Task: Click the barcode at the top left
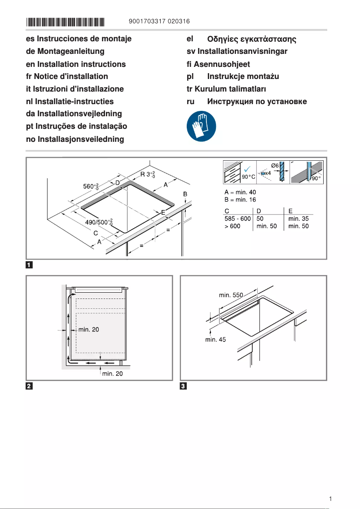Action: (x=66, y=22)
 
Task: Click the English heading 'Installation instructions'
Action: (x=76, y=64)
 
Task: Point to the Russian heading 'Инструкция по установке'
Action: (x=257, y=101)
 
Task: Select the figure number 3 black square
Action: (x=183, y=386)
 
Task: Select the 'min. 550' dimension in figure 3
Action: (x=231, y=295)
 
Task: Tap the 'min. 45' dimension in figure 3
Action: (x=215, y=340)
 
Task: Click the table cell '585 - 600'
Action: (x=237, y=219)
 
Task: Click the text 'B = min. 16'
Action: (x=240, y=200)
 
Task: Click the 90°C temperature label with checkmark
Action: (x=249, y=177)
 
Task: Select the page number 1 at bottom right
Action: (x=330, y=499)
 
